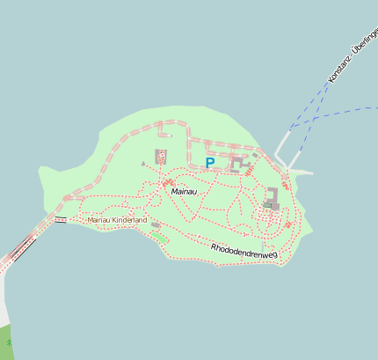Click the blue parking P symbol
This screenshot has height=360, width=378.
point(209,163)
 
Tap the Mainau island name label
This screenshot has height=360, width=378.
point(185,191)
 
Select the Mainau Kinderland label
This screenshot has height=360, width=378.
point(117,220)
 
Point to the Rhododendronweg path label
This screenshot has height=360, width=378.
point(244,252)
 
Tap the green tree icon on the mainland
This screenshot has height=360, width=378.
point(9,341)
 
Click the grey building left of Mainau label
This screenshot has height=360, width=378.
point(161,157)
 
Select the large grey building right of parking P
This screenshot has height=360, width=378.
point(236,164)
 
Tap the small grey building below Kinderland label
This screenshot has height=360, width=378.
point(156,226)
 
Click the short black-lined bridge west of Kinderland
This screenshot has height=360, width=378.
point(61,218)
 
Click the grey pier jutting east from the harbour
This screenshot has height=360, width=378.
point(300,171)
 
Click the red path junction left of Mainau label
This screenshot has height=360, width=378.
point(167,183)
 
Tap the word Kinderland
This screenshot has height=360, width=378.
point(128,220)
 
